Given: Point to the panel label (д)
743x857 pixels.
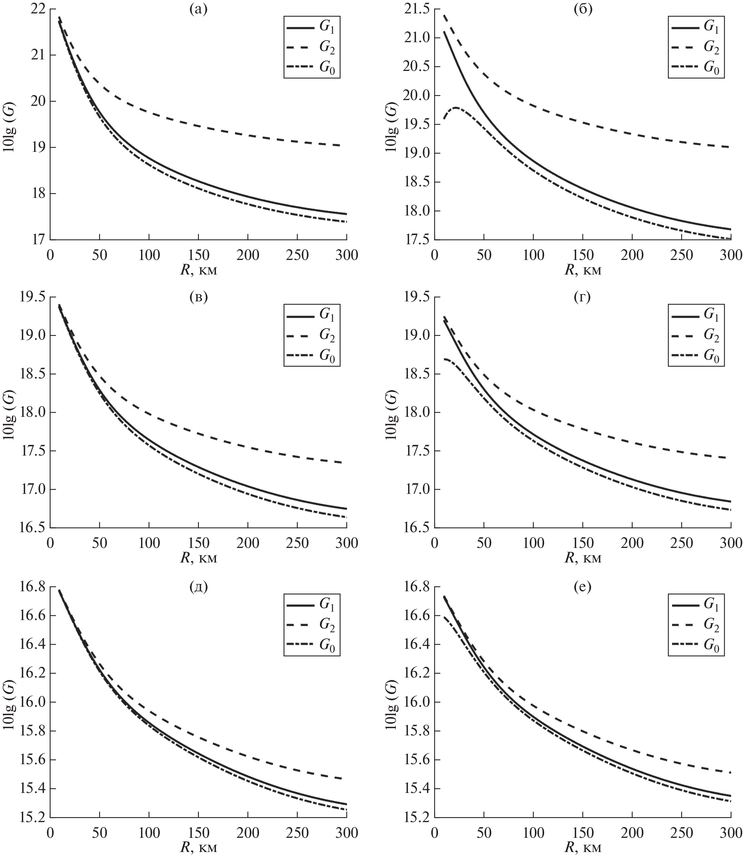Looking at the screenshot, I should (x=198, y=587).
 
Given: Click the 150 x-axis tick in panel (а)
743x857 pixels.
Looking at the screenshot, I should (x=198, y=254).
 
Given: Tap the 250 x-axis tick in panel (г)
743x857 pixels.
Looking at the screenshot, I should (x=681, y=543).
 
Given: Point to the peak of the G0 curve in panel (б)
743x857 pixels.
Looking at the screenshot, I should (x=455, y=107).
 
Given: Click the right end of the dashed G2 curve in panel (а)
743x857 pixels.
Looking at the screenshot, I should (x=340, y=145).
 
